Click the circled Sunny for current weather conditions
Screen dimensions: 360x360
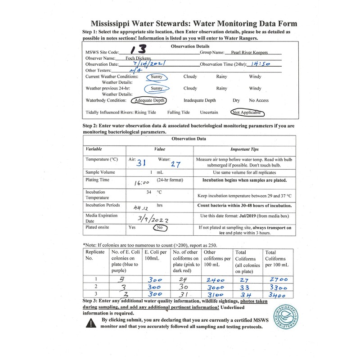pyautogui.click(x=157, y=77)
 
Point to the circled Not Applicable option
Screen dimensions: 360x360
pyautogui.click(x=247, y=112)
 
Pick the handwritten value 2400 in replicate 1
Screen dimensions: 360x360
pyautogui.click(x=216, y=279)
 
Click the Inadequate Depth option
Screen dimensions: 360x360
pyautogui.click(x=200, y=100)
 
